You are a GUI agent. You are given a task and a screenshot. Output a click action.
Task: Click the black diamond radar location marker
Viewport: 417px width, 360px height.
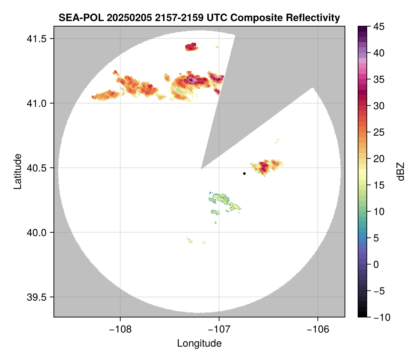[x=244, y=173]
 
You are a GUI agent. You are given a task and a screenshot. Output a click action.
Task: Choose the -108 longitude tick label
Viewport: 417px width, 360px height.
[x=120, y=329]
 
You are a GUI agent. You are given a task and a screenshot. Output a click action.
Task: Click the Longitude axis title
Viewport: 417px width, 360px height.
[x=199, y=343]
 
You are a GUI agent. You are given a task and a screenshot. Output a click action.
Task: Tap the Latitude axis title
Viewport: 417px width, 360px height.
[x=17, y=171]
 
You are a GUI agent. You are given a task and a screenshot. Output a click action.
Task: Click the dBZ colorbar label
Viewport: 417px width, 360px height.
[x=401, y=171]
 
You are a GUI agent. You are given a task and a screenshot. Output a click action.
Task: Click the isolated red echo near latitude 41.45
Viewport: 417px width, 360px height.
[x=191, y=47]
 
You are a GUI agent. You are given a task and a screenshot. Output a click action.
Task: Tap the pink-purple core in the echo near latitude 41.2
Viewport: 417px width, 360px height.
[x=192, y=80]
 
